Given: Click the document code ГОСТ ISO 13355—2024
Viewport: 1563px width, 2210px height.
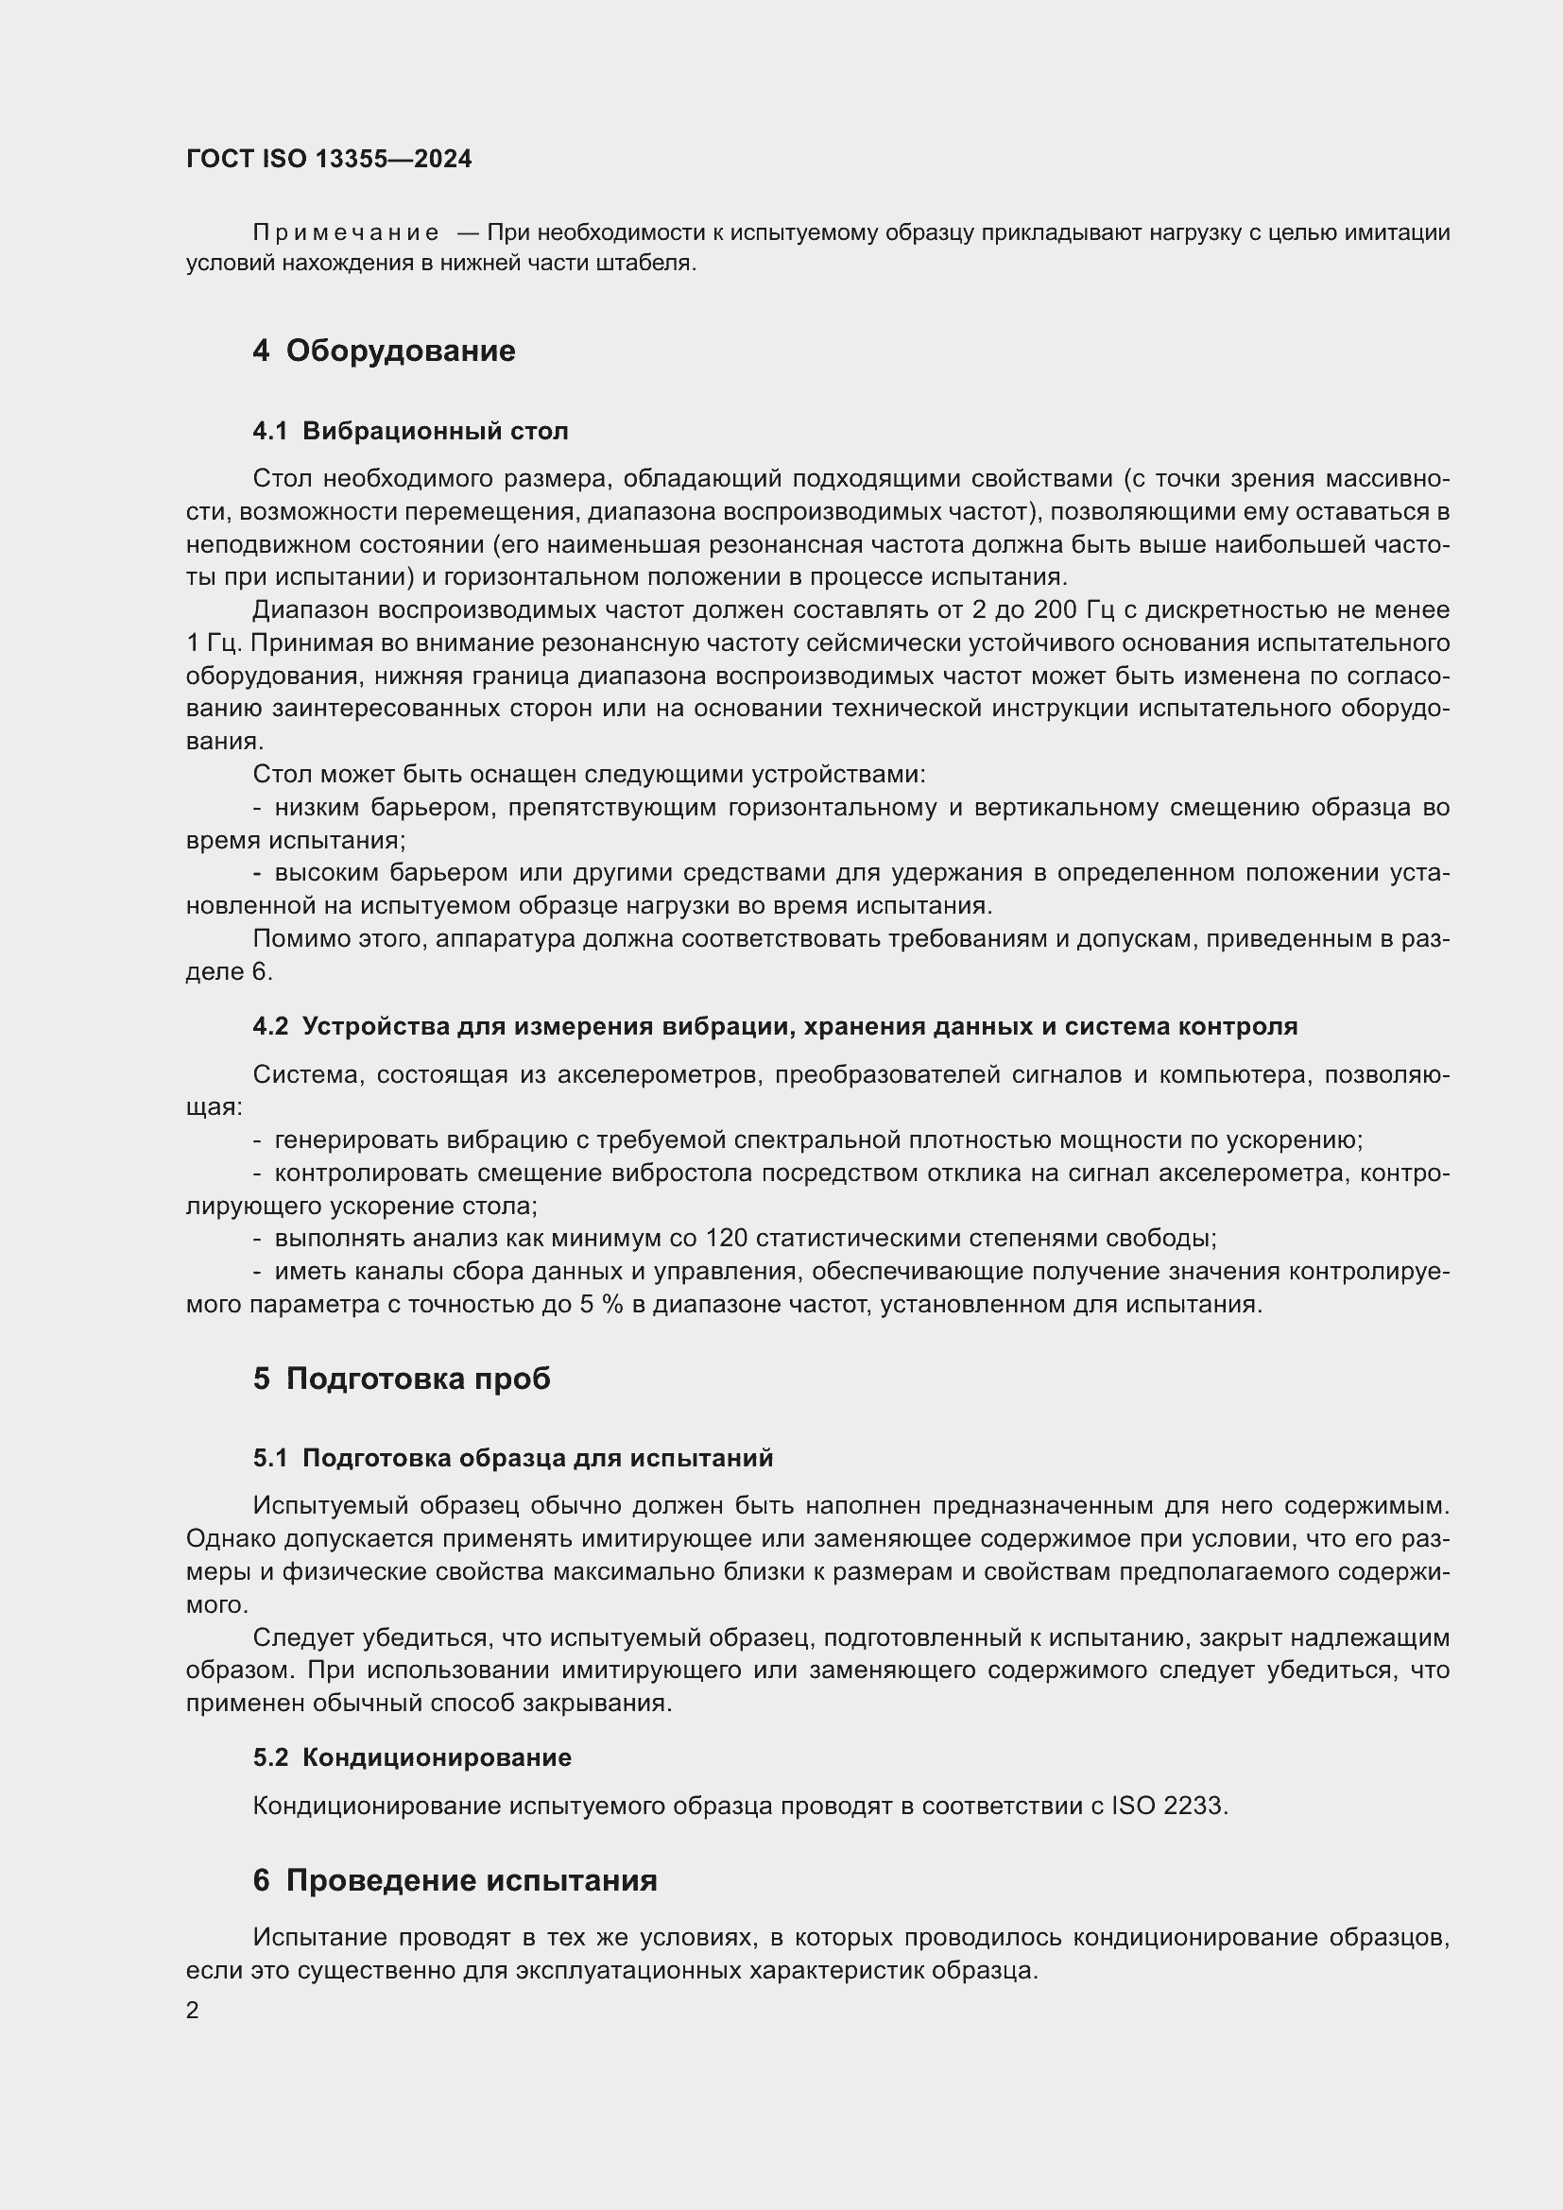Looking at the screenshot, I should click(329, 159).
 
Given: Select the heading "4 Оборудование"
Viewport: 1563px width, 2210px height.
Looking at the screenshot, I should click(383, 351).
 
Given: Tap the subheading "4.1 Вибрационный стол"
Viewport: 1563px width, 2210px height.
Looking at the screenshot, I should click(410, 431).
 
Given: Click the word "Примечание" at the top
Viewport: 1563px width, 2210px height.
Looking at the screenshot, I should click(346, 233).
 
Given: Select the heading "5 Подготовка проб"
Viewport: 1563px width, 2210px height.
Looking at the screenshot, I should click(402, 1379).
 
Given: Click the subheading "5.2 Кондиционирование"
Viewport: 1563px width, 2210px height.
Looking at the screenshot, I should click(412, 1757).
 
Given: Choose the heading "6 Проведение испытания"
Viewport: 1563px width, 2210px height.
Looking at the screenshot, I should click(455, 1881).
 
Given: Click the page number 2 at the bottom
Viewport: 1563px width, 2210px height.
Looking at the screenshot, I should click(193, 2011).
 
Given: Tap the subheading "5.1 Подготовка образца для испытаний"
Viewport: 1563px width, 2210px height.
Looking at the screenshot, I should click(513, 1458).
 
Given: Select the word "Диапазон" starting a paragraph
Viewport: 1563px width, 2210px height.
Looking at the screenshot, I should click(310, 610).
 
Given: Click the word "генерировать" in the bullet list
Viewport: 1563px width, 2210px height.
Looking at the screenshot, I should click(355, 1140).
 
